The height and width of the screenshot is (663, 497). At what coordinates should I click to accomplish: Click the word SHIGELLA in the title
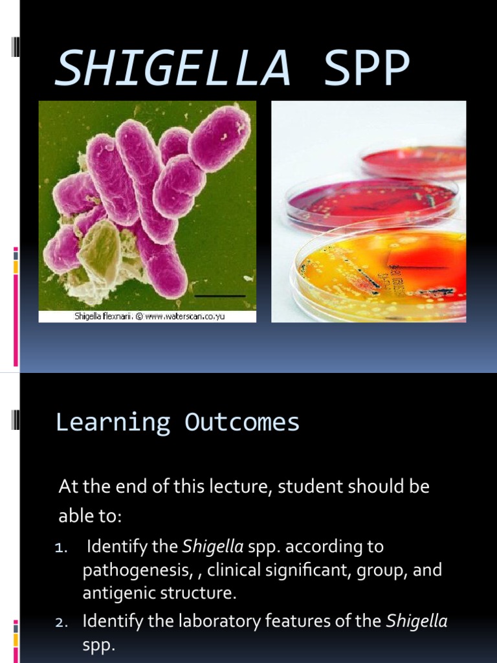pyautogui.click(x=171, y=68)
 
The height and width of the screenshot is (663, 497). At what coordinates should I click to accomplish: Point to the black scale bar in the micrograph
pyautogui.click(x=220, y=297)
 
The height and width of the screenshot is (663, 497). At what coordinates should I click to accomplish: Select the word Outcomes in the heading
pyautogui.click(x=242, y=422)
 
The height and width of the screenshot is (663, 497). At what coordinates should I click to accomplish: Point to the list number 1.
pyautogui.click(x=60, y=548)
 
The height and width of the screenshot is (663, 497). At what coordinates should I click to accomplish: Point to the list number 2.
pyautogui.click(x=61, y=622)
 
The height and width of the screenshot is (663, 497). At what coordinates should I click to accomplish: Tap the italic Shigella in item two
pyautogui.click(x=416, y=622)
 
